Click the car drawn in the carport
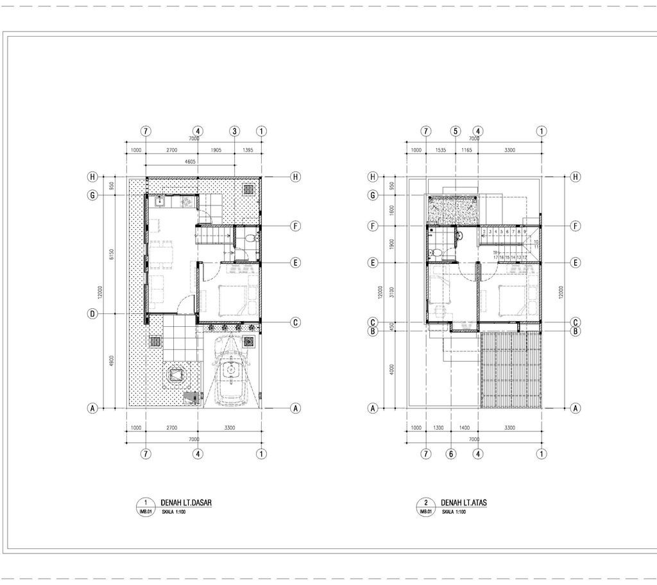pyautogui.click(x=229, y=372)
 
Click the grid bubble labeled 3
pyautogui.click(x=235, y=131)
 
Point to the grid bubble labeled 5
pyautogui.click(x=456, y=131)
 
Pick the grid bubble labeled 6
pyautogui.click(x=451, y=454)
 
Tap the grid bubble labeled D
pyautogui.click(x=92, y=314)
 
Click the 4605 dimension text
pyautogui.click(x=191, y=162)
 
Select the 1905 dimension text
pyautogui.click(x=216, y=150)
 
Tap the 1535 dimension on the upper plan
pyautogui.click(x=440, y=150)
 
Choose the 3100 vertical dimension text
pyautogui.click(x=391, y=292)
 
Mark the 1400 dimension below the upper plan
pyautogui.click(x=465, y=427)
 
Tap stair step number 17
pyautogui.click(x=495, y=257)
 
